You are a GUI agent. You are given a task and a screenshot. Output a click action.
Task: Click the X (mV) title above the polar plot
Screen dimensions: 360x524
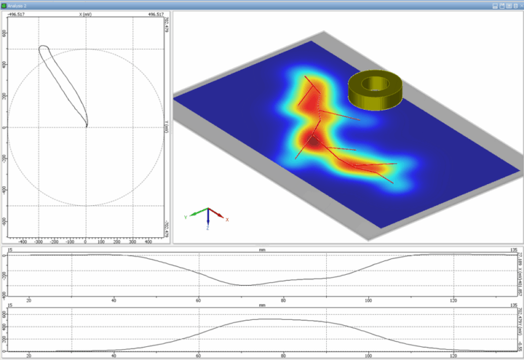[86, 14]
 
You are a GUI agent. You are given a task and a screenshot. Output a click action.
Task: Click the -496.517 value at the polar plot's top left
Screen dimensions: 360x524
[17, 14]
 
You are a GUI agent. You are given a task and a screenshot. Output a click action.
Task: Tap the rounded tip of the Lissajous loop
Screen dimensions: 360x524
[43, 48]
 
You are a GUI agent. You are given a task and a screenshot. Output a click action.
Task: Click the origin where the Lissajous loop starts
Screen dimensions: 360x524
[86, 126]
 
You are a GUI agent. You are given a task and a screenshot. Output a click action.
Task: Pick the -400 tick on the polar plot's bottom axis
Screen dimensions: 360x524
[23, 241]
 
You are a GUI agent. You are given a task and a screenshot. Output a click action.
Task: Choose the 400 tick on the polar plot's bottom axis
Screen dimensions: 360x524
[148, 241]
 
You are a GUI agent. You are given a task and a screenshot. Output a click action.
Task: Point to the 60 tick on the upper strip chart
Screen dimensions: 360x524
[199, 299]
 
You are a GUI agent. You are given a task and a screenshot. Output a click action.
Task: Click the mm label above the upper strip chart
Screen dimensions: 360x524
[262, 250]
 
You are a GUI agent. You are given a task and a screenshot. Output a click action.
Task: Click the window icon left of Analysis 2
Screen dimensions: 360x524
[5, 5]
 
